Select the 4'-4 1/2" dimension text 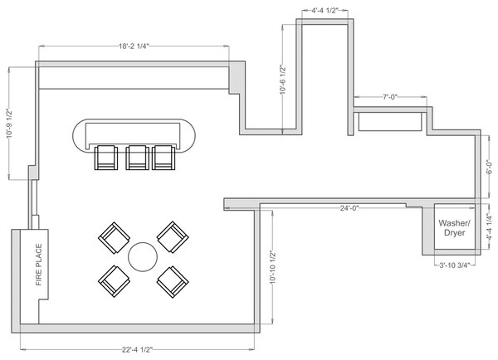pyautogui.click(x=325, y=12)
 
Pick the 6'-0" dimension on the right pyautogui.click(x=490, y=177)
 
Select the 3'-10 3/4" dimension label pyautogui.click(x=455, y=265)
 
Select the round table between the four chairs pyautogui.click(x=143, y=257)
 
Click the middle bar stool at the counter pyautogui.click(x=137, y=157)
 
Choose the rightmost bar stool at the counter pyautogui.click(x=164, y=157)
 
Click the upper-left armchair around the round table pyautogui.click(x=114, y=238)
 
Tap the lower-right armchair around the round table pyautogui.click(x=172, y=280)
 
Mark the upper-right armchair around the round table pyautogui.click(x=173, y=237)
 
